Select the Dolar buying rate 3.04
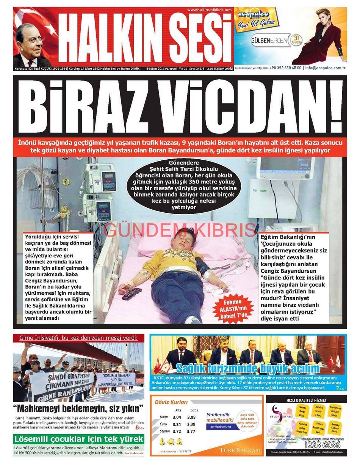(177, 417)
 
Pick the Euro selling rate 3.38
(191, 424)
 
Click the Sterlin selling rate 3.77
(191, 432)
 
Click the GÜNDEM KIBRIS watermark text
(180, 230)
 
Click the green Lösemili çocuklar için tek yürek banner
(79, 439)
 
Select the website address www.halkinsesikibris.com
(209, 10)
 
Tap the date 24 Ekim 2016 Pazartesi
(165, 69)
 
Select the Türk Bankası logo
(240, 450)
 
